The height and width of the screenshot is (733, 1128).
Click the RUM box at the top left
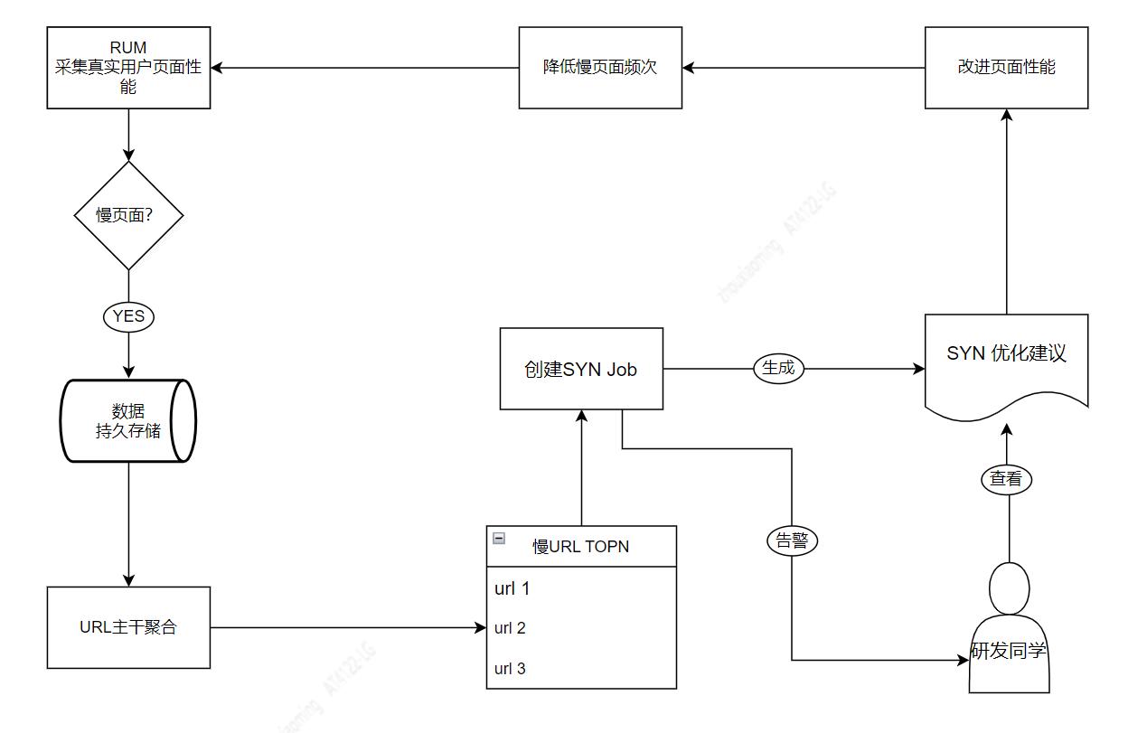coord(128,68)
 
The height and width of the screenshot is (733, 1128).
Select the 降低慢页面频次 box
coord(600,68)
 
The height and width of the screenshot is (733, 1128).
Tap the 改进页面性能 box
coord(1006,68)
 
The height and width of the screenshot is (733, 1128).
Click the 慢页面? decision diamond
coord(128,215)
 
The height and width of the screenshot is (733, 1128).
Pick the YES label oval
coord(128,316)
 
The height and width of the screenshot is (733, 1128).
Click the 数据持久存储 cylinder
coord(128,421)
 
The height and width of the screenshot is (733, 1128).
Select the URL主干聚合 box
coord(128,627)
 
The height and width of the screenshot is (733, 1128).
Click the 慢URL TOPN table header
coord(581,546)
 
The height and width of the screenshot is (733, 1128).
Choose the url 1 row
coord(581,588)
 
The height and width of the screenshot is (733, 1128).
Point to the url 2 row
coord(581,628)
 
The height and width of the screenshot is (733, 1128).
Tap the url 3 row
coord(581,669)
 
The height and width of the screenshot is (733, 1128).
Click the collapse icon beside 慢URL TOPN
coord(499,538)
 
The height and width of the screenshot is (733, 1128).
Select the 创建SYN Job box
coord(581,369)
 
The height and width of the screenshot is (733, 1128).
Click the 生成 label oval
coord(778,368)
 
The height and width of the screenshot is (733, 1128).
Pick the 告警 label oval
coord(793,540)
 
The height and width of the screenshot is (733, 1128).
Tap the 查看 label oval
coord(1006,479)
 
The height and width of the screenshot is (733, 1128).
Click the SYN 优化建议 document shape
coord(1006,357)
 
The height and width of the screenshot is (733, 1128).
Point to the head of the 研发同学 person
coord(1009,587)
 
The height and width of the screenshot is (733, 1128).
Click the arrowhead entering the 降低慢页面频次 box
coord(689,68)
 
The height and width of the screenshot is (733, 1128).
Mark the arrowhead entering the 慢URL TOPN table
coord(481,627)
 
